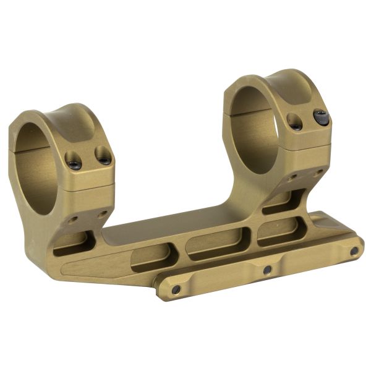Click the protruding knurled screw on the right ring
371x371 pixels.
tap(321, 116)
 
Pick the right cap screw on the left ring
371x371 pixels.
tap(105, 159)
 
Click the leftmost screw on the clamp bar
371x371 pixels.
tap(176, 289)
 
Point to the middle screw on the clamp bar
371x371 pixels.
tap(267, 270)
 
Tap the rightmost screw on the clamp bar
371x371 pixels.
tap(354, 251)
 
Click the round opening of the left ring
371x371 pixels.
tap(37, 167)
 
